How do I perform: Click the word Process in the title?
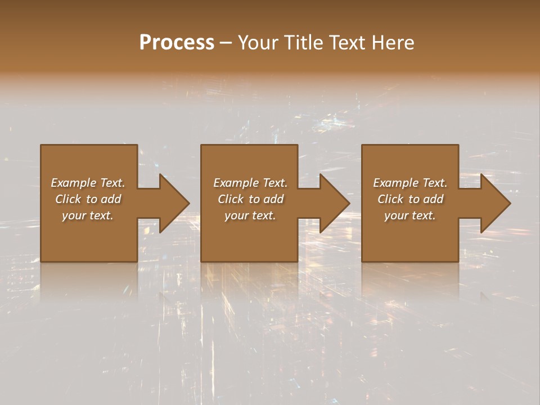(177, 43)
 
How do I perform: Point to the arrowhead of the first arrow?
(175, 203)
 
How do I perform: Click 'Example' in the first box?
(74, 183)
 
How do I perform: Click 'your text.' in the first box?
(88, 215)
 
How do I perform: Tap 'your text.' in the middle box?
(250, 215)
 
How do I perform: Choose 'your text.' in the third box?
(410, 215)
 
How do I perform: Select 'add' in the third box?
(434, 199)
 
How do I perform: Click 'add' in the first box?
(111, 199)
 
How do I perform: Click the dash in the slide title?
(226, 43)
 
